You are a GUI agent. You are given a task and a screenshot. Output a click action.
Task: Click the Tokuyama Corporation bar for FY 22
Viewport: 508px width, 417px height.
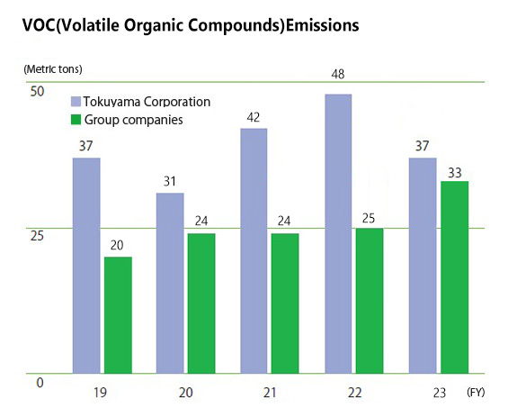(x=338, y=233)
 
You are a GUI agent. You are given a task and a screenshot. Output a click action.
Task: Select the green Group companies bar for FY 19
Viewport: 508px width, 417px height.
(x=118, y=315)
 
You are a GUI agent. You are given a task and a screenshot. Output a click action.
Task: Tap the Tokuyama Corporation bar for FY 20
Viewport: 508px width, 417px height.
(x=170, y=284)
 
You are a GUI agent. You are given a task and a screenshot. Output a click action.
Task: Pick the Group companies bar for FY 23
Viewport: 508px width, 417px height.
(x=455, y=277)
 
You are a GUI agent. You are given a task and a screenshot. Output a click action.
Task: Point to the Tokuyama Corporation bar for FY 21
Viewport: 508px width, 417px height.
(x=254, y=251)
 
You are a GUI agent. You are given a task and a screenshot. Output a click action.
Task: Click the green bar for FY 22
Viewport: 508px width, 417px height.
(x=370, y=301)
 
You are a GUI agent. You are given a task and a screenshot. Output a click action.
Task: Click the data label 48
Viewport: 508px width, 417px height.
(x=337, y=75)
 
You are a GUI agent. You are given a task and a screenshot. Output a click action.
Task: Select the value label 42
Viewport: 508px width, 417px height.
(x=254, y=117)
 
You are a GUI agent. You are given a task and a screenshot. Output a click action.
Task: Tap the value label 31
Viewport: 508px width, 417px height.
(x=170, y=181)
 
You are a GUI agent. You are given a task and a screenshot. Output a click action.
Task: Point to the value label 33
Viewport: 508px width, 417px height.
(x=455, y=173)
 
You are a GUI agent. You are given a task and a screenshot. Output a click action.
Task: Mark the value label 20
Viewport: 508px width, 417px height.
(x=117, y=245)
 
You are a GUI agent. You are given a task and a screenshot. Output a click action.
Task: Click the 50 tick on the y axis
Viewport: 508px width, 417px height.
(x=37, y=92)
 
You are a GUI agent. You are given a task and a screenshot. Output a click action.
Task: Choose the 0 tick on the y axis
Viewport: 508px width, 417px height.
(x=40, y=383)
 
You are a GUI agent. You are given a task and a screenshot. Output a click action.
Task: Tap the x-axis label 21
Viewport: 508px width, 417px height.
(x=270, y=393)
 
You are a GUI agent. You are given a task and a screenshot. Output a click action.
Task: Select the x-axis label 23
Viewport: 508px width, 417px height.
(x=440, y=393)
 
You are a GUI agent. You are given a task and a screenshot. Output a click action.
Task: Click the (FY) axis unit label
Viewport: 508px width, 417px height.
(x=476, y=393)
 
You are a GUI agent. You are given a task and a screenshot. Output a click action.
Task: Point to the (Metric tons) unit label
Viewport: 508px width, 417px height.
(x=53, y=69)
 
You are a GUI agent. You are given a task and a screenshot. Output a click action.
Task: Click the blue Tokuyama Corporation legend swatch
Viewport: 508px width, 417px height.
(x=76, y=102)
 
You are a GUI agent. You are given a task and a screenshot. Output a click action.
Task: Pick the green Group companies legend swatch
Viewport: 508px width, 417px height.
(x=76, y=120)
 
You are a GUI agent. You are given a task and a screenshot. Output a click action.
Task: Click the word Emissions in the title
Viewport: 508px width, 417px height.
(x=323, y=25)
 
